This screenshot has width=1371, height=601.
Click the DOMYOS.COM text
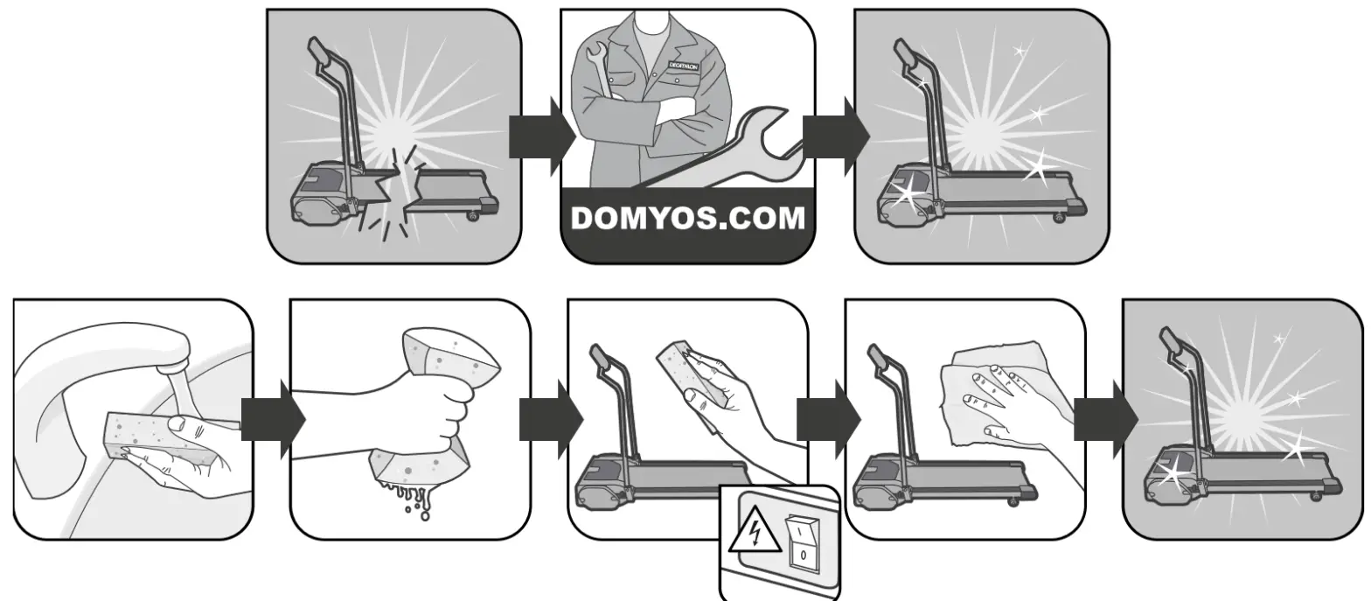(x=687, y=218)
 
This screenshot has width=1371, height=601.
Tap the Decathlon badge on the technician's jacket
(x=685, y=66)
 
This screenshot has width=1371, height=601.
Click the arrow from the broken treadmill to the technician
(x=540, y=137)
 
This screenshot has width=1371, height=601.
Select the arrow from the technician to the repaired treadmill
(x=834, y=137)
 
